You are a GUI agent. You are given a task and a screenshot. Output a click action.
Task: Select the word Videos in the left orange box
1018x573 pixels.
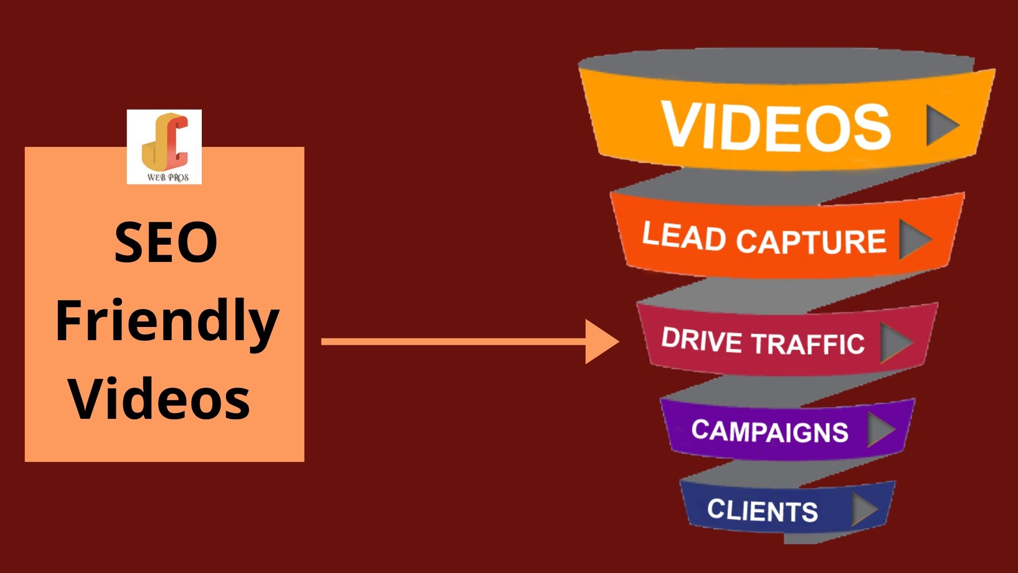coord(160,399)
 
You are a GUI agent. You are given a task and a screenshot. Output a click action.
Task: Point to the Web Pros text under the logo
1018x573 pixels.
coord(167,177)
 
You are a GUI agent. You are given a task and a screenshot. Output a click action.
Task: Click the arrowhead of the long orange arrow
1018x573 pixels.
coord(600,342)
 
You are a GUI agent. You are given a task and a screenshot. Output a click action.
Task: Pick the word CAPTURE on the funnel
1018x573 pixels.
coord(811,241)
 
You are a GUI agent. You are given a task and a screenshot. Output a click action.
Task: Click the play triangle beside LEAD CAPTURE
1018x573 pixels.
coord(913,240)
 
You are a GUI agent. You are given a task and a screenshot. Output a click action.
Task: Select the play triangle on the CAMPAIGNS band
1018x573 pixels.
coord(880,430)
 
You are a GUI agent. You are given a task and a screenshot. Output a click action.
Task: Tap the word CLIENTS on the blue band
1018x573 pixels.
coord(762,510)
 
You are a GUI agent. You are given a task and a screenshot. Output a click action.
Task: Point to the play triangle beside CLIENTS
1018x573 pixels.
coord(863,509)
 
